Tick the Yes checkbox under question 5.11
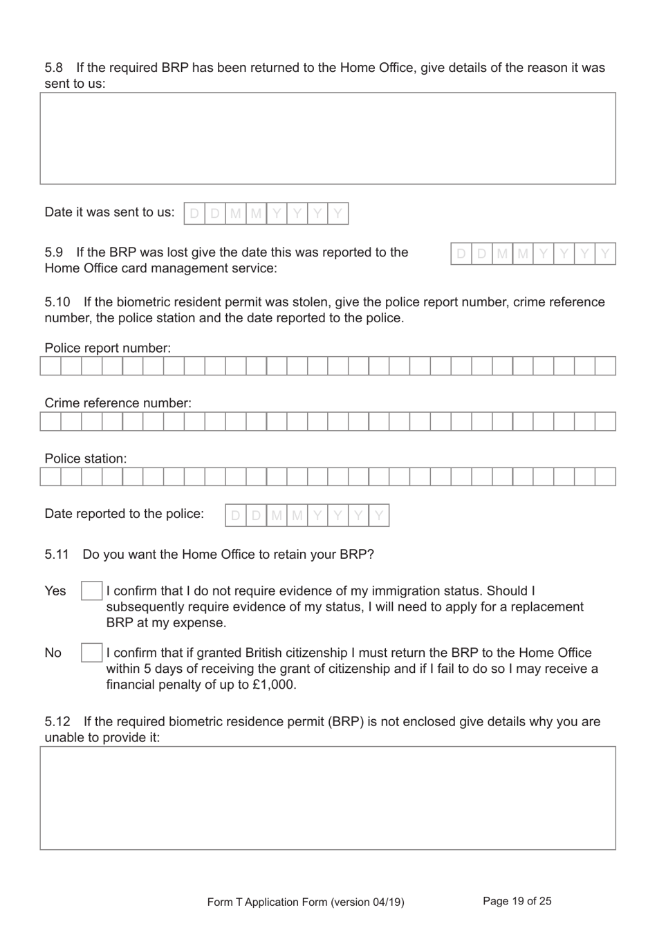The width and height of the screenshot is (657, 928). click(x=91, y=591)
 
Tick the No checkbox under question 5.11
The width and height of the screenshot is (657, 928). click(x=91, y=653)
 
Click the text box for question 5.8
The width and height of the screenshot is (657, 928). click(x=328, y=138)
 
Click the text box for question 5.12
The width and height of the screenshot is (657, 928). click(x=328, y=797)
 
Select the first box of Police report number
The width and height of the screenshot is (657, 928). click(x=50, y=366)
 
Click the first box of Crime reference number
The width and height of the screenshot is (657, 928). click(x=50, y=421)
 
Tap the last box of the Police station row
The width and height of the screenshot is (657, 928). click(x=605, y=476)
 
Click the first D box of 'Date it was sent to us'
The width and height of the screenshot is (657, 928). click(x=194, y=214)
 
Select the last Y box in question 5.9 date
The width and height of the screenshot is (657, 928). click(x=605, y=254)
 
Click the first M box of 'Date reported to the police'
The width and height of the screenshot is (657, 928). click(x=277, y=515)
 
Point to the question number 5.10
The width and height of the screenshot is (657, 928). click(x=57, y=302)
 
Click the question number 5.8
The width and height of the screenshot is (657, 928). click(x=54, y=68)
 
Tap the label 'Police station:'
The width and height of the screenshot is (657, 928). click(x=86, y=458)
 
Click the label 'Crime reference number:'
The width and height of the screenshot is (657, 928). click(x=118, y=403)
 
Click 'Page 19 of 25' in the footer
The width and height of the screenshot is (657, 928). click(x=517, y=901)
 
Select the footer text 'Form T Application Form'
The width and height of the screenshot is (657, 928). click(x=267, y=902)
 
